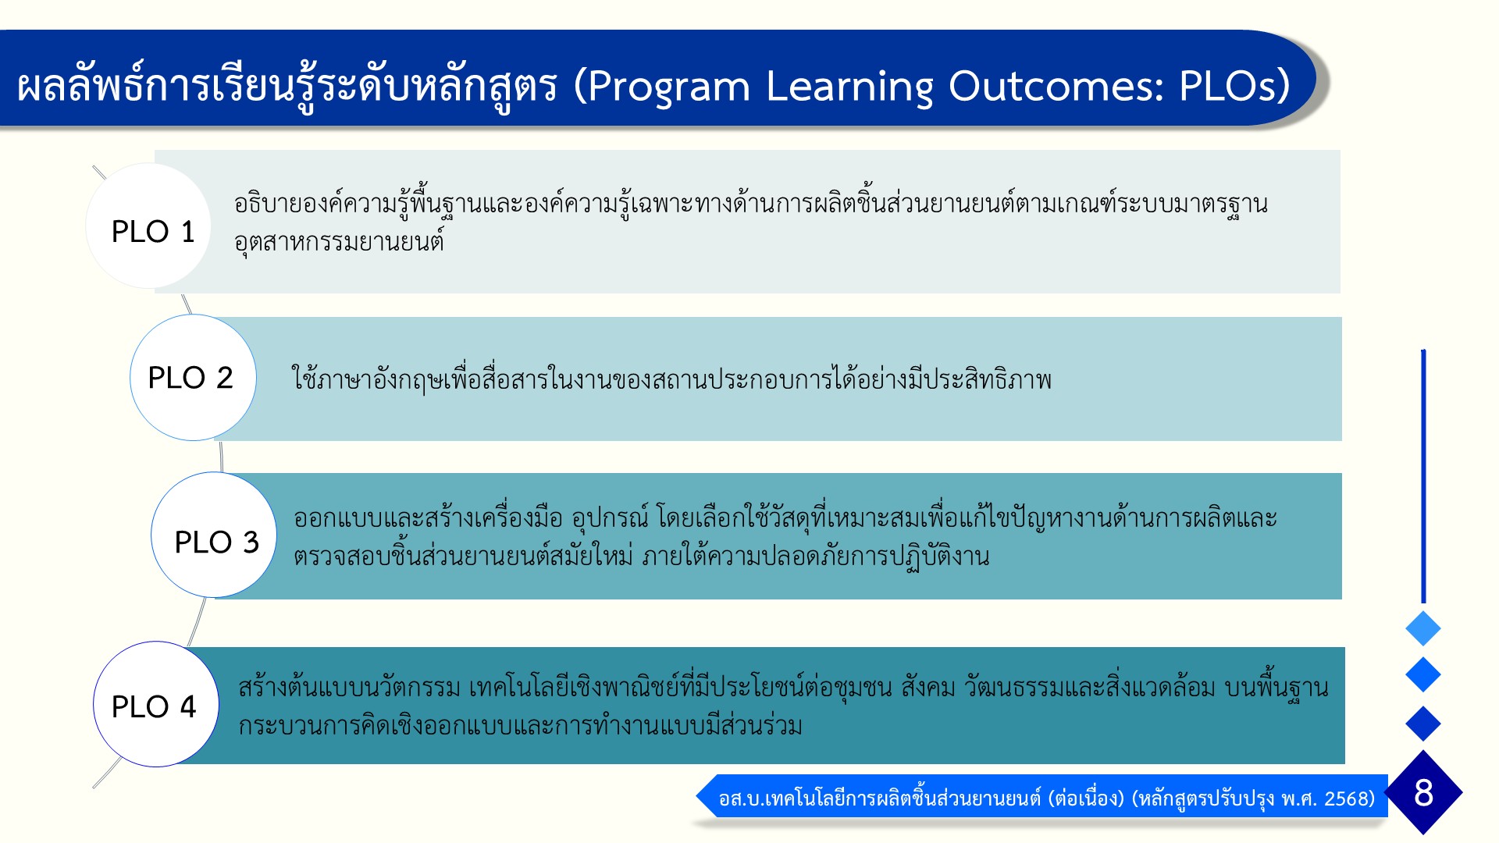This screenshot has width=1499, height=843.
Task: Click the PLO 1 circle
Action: point(148,226)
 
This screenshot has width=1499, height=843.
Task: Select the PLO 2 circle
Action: point(193,377)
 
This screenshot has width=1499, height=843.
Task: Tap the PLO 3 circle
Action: point(214,535)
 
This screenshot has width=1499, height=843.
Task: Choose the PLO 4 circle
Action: point(156,704)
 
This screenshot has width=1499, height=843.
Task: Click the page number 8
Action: point(1423,792)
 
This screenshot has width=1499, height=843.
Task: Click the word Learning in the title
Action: point(849,86)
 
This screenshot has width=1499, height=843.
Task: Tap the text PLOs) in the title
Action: point(1234,86)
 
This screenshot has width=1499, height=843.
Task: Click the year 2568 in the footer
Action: point(1349,799)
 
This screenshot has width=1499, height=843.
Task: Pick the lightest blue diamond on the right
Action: point(1423,628)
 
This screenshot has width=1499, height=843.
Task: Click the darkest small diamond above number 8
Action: point(1423,724)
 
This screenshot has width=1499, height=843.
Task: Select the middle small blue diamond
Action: point(1423,674)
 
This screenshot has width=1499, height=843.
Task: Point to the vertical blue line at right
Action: point(1423,476)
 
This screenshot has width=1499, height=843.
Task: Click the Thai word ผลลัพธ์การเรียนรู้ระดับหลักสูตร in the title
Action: point(287,86)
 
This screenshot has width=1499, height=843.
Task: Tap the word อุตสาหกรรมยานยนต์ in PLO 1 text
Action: point(339,242)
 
